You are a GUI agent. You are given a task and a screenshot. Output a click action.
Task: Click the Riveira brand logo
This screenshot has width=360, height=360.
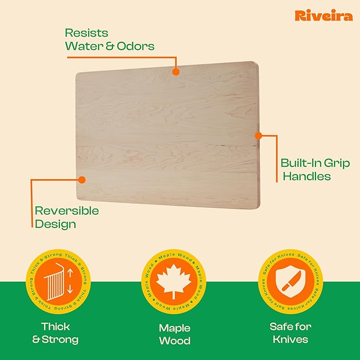tap(323, 16)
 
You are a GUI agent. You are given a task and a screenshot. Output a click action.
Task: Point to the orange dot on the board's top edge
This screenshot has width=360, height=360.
tap(176, 69)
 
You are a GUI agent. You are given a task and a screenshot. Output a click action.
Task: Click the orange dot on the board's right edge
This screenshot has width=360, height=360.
tap(258, 136)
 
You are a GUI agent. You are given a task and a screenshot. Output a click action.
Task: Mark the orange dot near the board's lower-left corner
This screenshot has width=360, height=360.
tap(82, 179)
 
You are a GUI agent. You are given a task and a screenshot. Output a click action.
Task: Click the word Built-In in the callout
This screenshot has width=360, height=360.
tap(301, 163)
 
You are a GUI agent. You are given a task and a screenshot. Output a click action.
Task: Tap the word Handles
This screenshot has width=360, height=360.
tap(307, 177)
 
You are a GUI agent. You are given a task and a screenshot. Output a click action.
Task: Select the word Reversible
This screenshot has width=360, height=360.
tap(67, 210)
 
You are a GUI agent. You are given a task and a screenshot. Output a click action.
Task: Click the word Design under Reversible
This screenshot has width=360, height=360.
tap(55, 224)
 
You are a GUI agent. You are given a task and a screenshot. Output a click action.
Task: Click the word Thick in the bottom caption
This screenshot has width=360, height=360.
tap(56, 326)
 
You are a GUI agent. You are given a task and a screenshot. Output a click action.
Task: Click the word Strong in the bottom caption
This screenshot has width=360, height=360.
tap(63, 340)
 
